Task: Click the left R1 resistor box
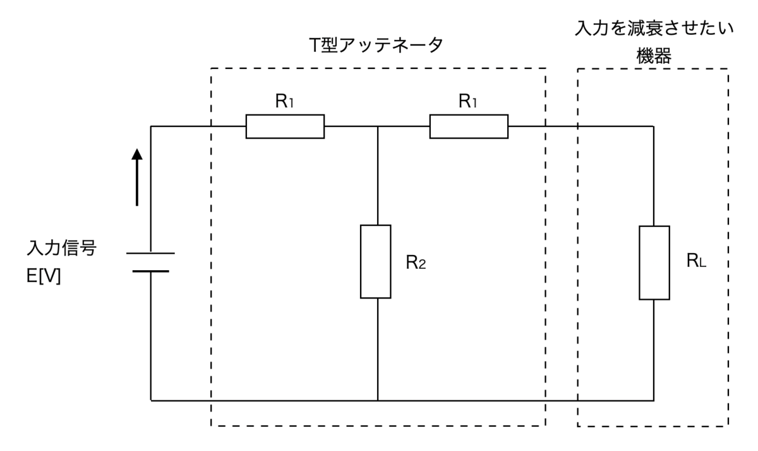pyautogui.click(x=285, y=127)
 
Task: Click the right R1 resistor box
pyautogui.click(x=469, y=127)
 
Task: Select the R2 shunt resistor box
pyautogui.click(x=376, y=262)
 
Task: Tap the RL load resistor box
pyautogui.click(x=654, y=263)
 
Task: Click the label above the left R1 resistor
pyautogui.click(x=284, y=101)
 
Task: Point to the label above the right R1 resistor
pyautogui.click(x=467, y=101)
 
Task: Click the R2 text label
pyautogui.click(x=416, y=263)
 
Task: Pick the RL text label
pyautogui.click(x=696, y=261)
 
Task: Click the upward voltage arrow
pyautogui.click(x=137, y=177)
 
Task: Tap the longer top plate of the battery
pyautogui.click(x=150, y=253)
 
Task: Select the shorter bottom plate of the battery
pyautogui.click(x=150, y=271)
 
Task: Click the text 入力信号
pyautogui.click(x=62, y=248)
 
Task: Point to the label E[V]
pyautogui.click(x=44, y=276)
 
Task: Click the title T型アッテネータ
pyautogui.click(x=376, y=45)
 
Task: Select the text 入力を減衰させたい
pyautogui.click(x=654, y=28)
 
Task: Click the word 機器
pyautogui.click(x=654, y=56)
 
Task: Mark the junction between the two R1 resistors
pyautogui.click(x=378, y=127)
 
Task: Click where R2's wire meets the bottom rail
pyautogui.click(x=378, y=400)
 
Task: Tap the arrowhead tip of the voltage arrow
pyautogui.click(x=137, y=149)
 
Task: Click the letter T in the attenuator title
pyautogui.click(x=315, y=46)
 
